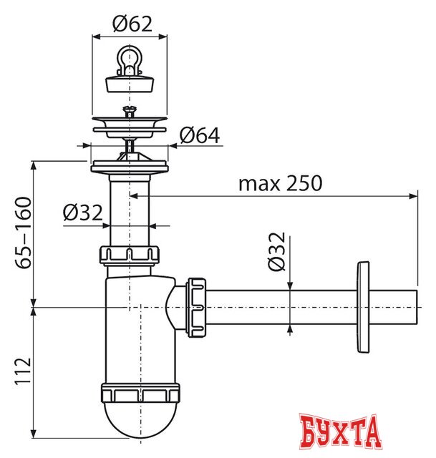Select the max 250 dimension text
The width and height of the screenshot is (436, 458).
[x=280, y=183]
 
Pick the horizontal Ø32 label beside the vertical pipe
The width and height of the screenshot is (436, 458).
[x=82, y=213]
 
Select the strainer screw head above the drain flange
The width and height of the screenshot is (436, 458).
[x=129, y=109]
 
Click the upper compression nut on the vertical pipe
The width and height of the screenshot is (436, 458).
[x=130, y=255]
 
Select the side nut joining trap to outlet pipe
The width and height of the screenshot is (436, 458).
[x=196, y=306]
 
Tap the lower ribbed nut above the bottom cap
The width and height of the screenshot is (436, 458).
[x=140, y=393]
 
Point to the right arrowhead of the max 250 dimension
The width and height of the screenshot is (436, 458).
[x=413, y=195]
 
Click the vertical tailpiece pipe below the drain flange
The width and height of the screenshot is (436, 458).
[x=130, y=208]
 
